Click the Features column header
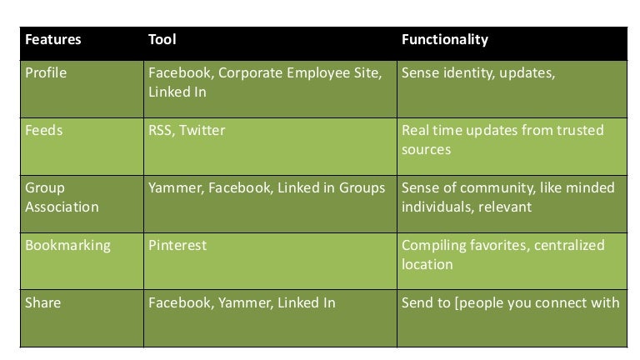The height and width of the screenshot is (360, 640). tap(52, 40)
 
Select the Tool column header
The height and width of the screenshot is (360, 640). tap(162, 40)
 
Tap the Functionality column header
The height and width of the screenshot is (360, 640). tap(444, 40)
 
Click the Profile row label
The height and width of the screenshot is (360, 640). tap(46, 73)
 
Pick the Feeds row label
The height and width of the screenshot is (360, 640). tap(44, 131)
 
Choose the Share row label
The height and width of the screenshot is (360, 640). tap(43, 302)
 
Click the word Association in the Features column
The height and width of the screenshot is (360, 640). tap(62, 207)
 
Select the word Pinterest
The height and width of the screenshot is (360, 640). tap(177, 246)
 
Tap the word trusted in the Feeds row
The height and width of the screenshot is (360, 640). tap(581, 131)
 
